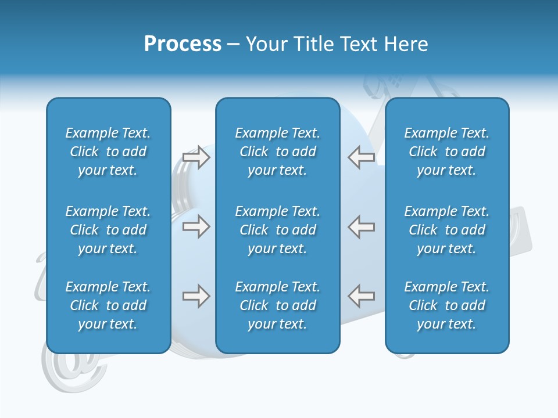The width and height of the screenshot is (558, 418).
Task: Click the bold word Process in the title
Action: click(x=183, y=44)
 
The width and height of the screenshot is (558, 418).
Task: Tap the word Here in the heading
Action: click(x=406, y=44)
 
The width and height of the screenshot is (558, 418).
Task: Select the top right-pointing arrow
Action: click(x=196, y=157)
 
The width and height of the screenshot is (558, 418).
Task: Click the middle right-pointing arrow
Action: click(x=196, y=226)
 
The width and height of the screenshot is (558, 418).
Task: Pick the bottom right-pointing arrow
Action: click(x=196, y=296)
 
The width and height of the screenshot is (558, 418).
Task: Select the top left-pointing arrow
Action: click(x=362, y=157)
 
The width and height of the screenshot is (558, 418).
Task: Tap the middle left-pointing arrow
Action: click(x=362, y=226)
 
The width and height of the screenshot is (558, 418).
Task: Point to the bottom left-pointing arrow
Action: click(x=362, y=296)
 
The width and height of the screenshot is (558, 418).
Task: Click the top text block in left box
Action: click(x=108, y=152)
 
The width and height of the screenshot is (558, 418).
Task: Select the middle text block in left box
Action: click(x=108, y=230)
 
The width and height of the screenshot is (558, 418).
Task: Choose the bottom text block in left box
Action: click(x=108, y=305)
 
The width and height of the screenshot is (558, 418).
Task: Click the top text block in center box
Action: click(x=278, y=152)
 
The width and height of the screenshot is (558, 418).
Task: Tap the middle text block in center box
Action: click(x=278, y=230)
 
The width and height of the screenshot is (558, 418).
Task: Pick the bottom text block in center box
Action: click(x=278, y=305)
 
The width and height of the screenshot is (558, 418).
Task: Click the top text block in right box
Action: click(x=447, y=152)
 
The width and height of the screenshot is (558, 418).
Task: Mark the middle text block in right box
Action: click(x=447, y=230)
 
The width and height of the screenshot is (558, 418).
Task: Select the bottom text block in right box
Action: click(x=447, y=305)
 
